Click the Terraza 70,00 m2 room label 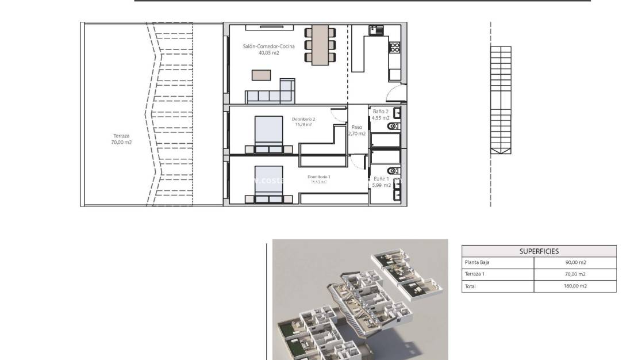click(x=121, y=139)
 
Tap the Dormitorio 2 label click(x=303, y=121)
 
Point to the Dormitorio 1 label click(x=318, y=179)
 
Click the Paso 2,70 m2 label click(x=356, y=131)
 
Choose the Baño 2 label click(x=381, y=114)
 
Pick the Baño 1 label click(x=381, y=182)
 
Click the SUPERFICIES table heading click(x=539, y=251)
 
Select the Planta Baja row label click(x=477, y=262)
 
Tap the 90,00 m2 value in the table click(x=575, y=262)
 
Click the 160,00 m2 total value click(x=575, y=286)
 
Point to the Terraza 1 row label click(x=476, y=274)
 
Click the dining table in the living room click(x=320, y=45)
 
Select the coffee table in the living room click(x=262, y=75)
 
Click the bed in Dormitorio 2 click(x=268, y=132)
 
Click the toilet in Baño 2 click(x=394, y=126)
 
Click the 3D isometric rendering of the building click(x=360, y=299)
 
